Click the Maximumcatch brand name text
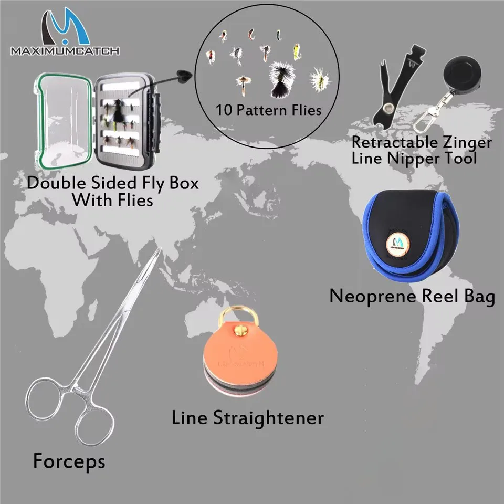[x=65, y=51]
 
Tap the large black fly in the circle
[x=281, y=79]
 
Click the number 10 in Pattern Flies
[x=224, y=110]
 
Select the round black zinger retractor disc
[x=463, y=74]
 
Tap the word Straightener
[x=268, y=418]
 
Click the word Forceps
[x=69, y=461]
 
